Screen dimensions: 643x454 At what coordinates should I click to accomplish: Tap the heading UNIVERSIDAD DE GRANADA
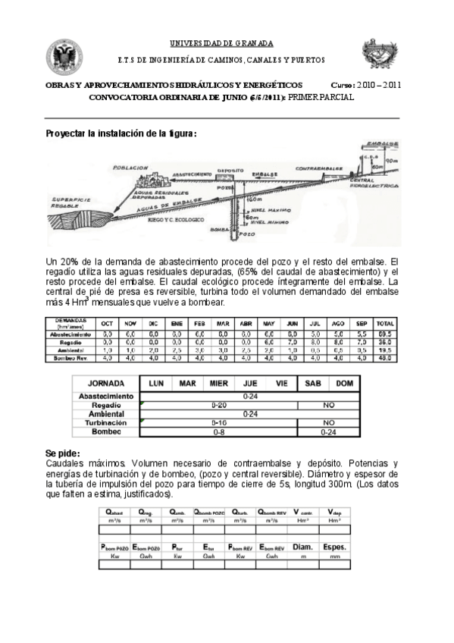(221, 43)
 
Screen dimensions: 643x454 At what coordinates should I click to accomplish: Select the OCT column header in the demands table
(108, 323)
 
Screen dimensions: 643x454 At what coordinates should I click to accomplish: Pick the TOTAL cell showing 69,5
(385, 334)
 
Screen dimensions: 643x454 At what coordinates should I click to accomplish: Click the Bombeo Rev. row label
(73, 357)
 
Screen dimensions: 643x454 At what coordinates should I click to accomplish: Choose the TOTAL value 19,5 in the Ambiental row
(385, 350)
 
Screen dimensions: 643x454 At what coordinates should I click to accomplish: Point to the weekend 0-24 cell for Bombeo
(328, 431)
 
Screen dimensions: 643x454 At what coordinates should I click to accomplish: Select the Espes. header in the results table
(334, 547)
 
